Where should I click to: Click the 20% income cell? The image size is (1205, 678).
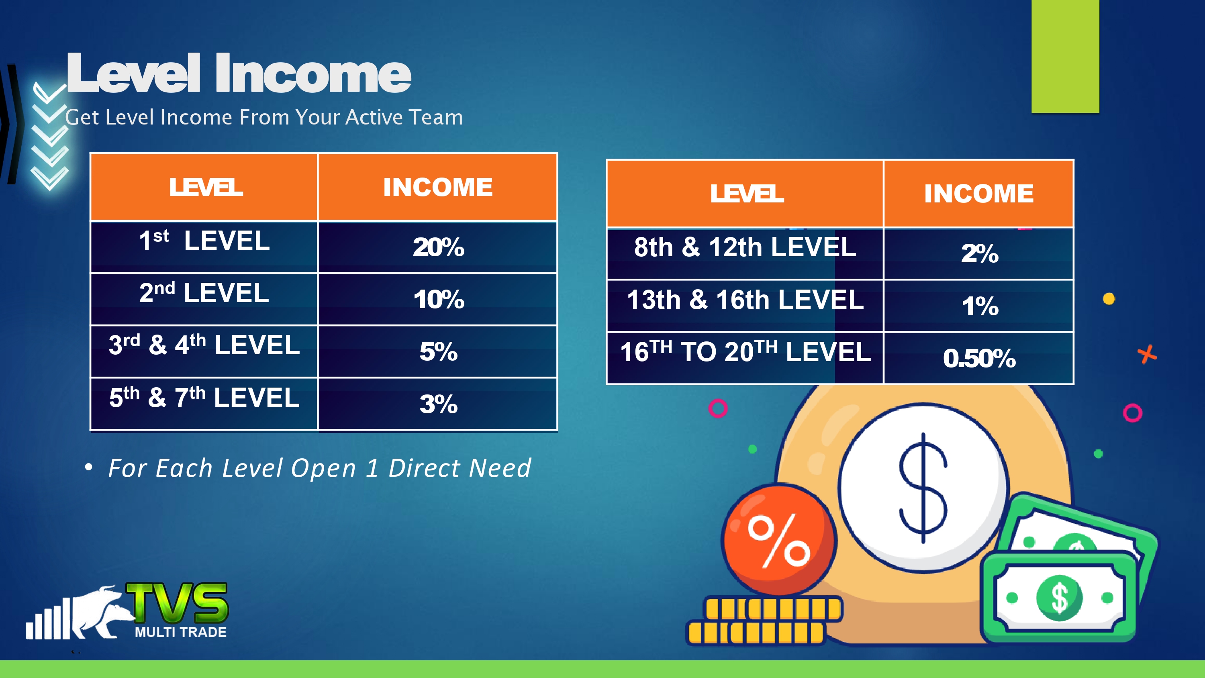pos(438,247)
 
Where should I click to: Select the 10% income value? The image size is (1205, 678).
pos(439,299)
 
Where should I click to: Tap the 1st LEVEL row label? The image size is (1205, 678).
pos(204,241)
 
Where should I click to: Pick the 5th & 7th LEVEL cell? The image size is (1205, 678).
pos(204,403)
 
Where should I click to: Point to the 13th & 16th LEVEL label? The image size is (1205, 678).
pos(745,300)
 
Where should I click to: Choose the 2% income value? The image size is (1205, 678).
pos(980,253)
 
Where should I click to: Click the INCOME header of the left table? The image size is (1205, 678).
pos(438,187)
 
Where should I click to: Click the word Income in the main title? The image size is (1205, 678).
pos(312,74)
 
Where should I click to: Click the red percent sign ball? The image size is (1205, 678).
pos(779,539)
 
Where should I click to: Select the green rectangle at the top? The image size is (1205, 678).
pos(1065,56)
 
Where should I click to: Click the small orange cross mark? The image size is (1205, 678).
pos(1147,355)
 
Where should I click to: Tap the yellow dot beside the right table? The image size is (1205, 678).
pos(1109,298)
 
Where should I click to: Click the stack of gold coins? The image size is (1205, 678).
pos(764,621)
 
